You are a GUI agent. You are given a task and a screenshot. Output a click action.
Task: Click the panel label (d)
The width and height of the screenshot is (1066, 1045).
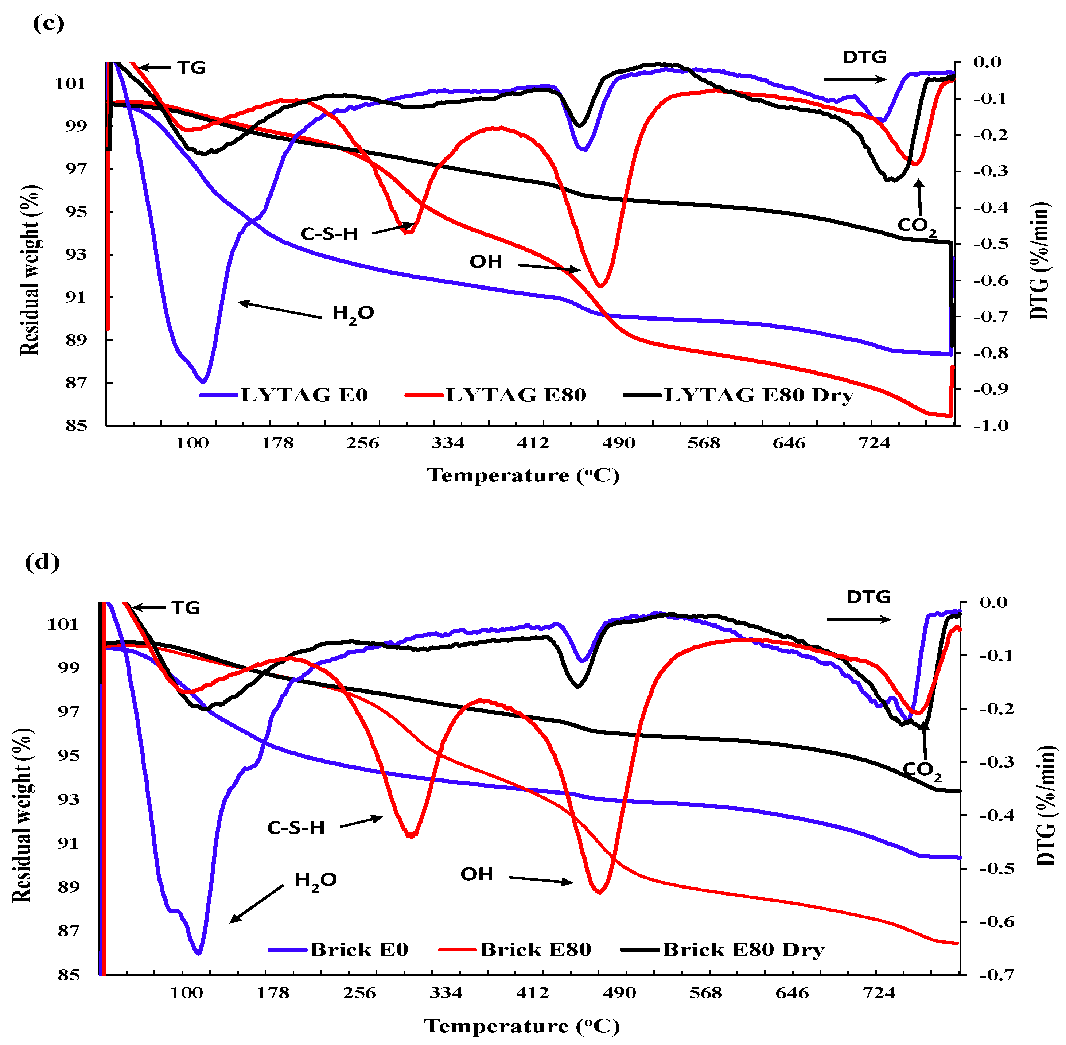42,563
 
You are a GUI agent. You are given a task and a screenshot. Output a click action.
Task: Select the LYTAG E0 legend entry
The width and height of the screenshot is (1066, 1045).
303,395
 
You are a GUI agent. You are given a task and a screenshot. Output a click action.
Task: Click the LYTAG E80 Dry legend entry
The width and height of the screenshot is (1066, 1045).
759,395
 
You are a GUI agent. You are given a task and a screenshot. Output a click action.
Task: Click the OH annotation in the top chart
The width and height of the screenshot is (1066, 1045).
486,262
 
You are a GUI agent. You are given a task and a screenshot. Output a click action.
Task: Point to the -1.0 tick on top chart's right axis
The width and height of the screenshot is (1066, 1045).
991,426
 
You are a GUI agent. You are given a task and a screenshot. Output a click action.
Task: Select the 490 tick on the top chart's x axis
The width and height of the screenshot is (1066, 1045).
618,443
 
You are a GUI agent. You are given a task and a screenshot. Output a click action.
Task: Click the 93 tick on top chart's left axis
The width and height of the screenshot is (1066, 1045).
76,254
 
